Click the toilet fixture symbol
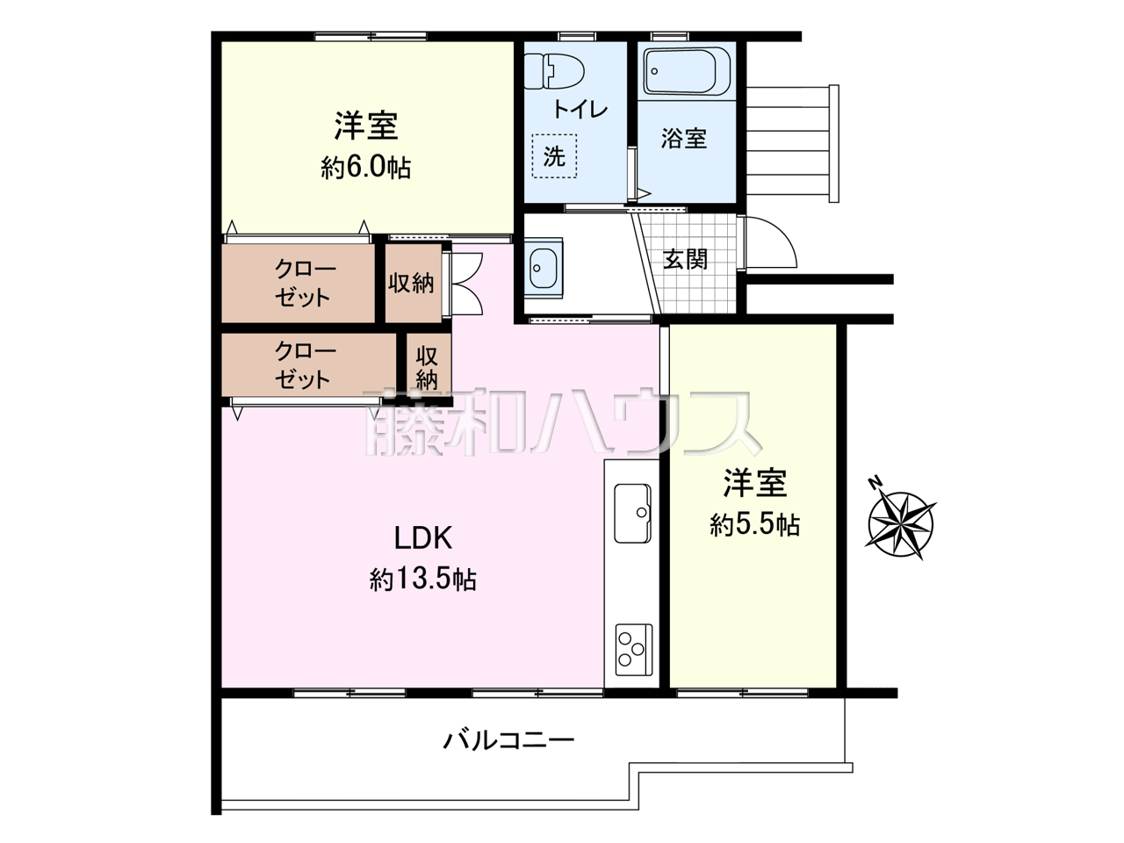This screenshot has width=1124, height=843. click(554, 72)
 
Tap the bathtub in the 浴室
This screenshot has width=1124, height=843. click(686, 71)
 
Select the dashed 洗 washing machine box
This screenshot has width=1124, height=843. click(554, 156)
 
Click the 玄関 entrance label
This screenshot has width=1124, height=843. click(685, 260)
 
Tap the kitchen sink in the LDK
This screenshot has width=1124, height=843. click(632, 513)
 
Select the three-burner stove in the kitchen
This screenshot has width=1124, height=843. click(633, 650)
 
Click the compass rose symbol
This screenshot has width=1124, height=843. click(901, 524)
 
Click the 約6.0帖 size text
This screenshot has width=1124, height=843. click(365, 168)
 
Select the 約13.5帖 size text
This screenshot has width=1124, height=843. click(422, 580)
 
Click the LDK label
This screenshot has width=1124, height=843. click(423, 538)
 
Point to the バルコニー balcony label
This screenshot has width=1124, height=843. click(508, 740)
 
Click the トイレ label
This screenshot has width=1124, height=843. click(580, 110)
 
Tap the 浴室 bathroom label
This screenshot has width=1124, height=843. click(683, 138)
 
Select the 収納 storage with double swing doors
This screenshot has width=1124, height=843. click(414, 283)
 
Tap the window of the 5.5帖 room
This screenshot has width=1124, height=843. click(743, 693)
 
